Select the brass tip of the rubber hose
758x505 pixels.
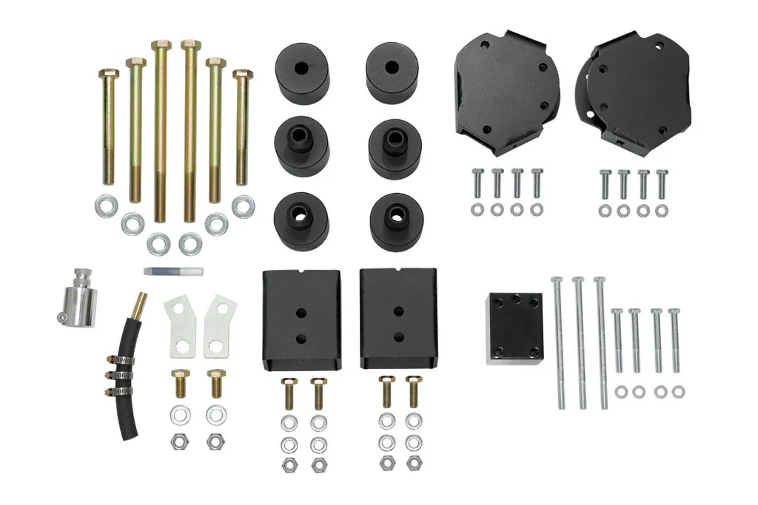(x=139, y=302)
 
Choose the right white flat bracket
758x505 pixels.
(x=220, y=325)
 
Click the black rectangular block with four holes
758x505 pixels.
(x=515, y=328)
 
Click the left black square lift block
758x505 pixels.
(x=301, y=319)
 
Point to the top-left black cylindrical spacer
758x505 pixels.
(x=302, y=73)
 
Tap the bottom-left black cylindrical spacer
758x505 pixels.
(x=302, y=220)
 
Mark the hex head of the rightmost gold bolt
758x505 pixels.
(x=243, y=74)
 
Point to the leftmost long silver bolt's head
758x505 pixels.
(x=557, y=279)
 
